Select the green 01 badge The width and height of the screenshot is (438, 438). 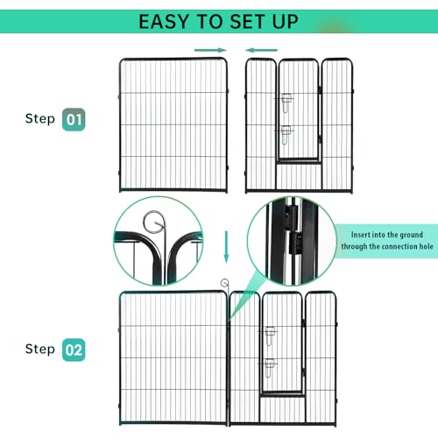point(74,118)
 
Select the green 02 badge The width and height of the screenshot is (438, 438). point(74,350)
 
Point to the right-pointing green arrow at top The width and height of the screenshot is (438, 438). point(210,51)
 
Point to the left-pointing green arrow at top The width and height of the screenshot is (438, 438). point(262,51)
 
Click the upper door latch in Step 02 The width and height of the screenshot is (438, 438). point(272,334)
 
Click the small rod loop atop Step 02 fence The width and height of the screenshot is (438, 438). point(226,282)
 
